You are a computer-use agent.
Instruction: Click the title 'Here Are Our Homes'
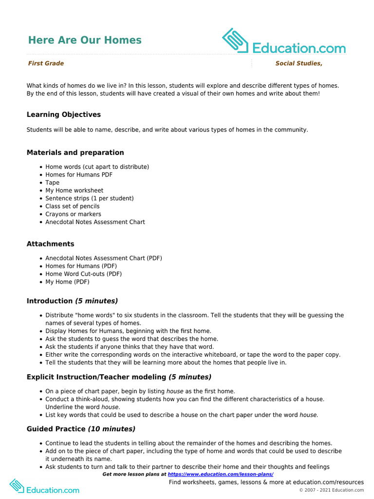coord(85,40)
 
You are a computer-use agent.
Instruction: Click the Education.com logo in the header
coord(283,42)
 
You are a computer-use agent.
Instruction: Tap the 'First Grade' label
coord(46,63)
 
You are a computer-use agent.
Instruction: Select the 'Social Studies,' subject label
coord(299,63)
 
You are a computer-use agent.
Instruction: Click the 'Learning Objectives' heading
coord(64,115)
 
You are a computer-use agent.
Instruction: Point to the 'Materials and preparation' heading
coord(75,153)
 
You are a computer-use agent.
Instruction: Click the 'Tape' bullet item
coord(53,183)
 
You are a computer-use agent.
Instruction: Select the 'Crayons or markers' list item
coord(74,214)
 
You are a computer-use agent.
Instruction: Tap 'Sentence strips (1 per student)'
coord(90,198)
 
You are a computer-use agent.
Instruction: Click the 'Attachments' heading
coord(51,244)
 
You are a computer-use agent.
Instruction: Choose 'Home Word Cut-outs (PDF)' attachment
coord(84,274)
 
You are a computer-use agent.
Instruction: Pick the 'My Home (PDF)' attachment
coord(68,282)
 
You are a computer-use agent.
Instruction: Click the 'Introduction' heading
coord(50,301)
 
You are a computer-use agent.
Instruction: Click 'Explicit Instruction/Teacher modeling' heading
coord(96,377)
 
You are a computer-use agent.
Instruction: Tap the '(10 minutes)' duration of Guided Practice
coord(112,429)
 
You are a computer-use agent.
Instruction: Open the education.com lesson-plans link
coord(221,474)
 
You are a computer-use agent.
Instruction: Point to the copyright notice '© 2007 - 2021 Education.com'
coord(331,490)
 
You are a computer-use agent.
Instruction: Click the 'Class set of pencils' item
coord(73,206)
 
